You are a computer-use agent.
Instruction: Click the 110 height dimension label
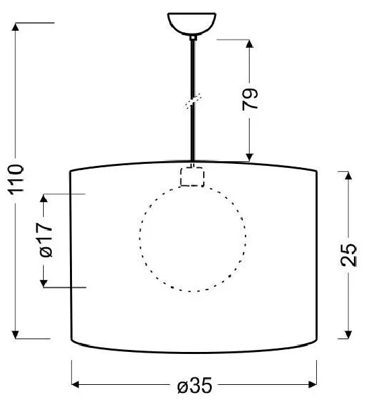16,179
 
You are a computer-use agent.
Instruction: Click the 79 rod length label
250,99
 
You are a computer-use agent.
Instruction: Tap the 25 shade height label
348,255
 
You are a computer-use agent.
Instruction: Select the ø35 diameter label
194,385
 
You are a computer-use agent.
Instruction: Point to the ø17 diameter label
45,240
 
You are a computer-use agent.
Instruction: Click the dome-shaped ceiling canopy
192,23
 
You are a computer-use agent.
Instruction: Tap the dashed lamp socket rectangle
192,176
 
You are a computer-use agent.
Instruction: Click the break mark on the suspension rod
192,101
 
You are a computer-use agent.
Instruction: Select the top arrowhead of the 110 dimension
15,27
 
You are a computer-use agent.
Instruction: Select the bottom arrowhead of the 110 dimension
15,334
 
